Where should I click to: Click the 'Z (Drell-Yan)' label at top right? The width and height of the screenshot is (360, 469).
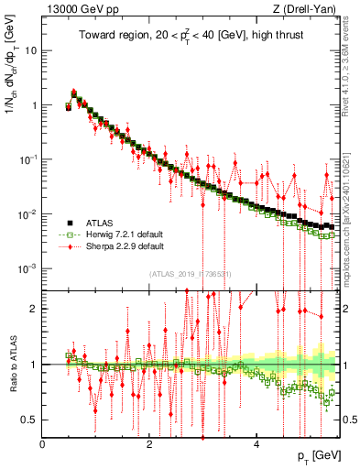(307, 9)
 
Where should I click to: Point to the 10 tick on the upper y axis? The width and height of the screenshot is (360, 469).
(31, 50)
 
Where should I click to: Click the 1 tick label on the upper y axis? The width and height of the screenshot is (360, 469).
(35, 105)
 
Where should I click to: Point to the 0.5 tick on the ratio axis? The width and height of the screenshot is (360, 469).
(30, 420)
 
